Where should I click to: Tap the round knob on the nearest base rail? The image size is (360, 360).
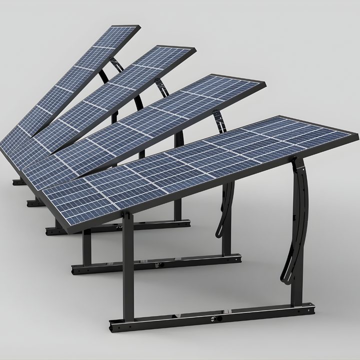coord(218,318)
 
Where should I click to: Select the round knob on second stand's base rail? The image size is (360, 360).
coord(159,263)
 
